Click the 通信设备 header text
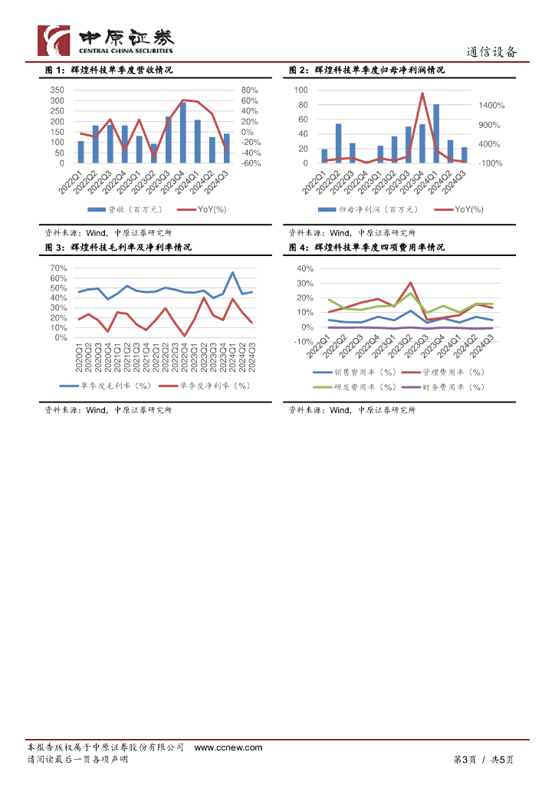[x=492, y=52]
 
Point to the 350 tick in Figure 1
[x=57, y=90]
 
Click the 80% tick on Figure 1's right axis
[x=250, y=90]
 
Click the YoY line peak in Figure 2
[x=422, y=94]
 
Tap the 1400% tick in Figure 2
[x=491, y=105]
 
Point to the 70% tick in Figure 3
[x=58, y=268]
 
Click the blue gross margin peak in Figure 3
[x=233, y=273]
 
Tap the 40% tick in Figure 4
[x=305, y=269]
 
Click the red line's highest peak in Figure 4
[x=411, y=283]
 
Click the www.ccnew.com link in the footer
[x=228, y=747]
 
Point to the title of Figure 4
[x=366, y=248]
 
